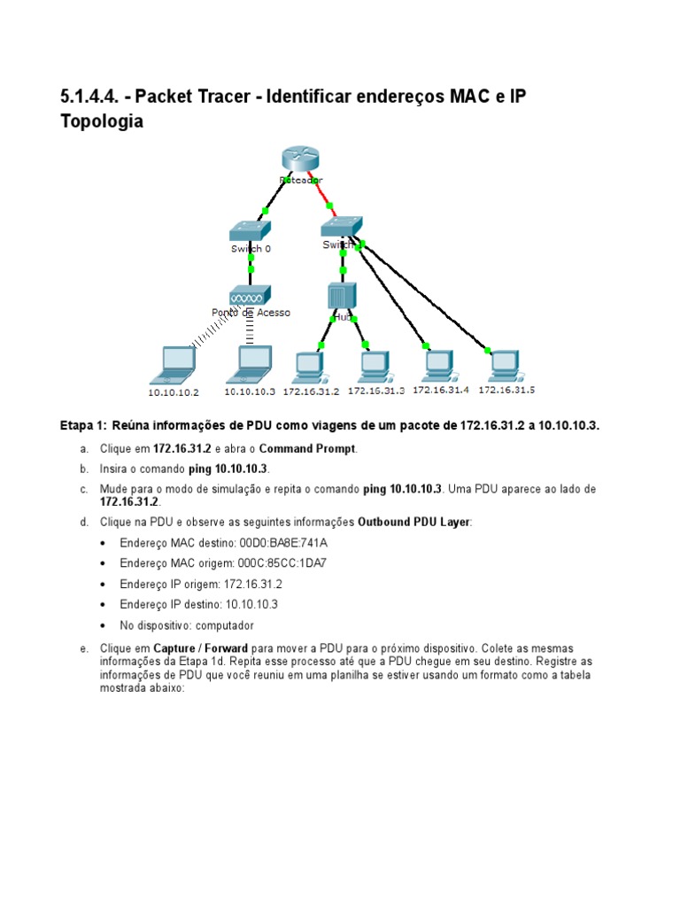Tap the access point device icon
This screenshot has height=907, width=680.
tap(249, 295)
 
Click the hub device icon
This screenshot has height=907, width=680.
tap(342, 297)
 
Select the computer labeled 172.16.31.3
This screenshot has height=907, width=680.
tap(375, 365)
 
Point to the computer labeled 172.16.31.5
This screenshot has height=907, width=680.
tap(506, 364)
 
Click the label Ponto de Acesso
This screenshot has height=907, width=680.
tap(251, 313)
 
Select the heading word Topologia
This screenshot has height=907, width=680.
tap(101, 121)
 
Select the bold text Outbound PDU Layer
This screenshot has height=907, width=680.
tap(413, 523)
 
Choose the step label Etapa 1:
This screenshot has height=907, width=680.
tap(82, 426)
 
